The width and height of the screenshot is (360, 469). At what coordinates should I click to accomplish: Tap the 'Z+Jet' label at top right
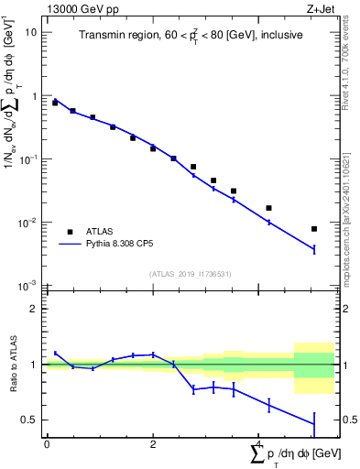(321, 10)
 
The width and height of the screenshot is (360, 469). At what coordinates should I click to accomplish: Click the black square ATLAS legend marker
(69, 232)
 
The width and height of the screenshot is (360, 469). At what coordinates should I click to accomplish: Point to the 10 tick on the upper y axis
(31, 32)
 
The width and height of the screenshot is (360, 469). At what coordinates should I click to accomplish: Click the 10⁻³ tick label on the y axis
(27, 287)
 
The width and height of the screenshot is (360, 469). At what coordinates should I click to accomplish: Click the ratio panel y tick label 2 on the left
(33, 309)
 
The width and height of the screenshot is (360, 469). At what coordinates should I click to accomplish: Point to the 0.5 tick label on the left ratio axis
(28, 420)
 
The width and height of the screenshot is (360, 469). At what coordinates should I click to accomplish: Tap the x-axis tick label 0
(47, 444)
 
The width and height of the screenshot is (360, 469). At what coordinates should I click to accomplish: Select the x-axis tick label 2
(153, 444)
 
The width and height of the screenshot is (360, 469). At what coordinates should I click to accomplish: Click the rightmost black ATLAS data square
(314, 229)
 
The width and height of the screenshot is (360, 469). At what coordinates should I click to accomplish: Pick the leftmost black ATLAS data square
(55, 103)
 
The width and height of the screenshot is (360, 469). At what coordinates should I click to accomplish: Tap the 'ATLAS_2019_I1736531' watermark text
(191, 274)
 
